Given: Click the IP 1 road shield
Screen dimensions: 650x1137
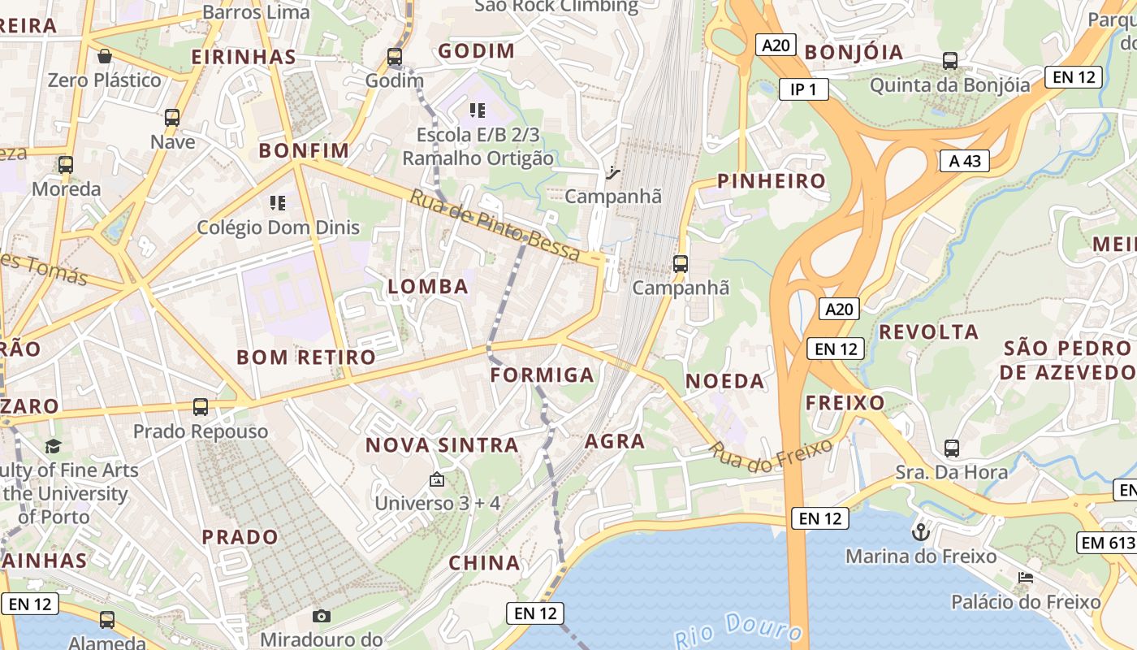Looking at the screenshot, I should point(803,89).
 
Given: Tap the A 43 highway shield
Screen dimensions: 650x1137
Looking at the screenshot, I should point(965,161).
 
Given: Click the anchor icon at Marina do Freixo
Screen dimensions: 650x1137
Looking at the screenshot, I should point(921,532).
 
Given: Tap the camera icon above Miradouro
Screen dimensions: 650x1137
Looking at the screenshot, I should point(322,616).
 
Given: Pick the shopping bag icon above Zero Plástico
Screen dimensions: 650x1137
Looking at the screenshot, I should point(105,56).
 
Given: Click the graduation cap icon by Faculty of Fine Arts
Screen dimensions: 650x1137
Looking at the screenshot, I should point(54,446).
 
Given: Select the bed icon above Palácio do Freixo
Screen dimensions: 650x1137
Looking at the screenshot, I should point(1026,578).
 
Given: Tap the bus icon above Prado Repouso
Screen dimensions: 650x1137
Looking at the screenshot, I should point(201,406).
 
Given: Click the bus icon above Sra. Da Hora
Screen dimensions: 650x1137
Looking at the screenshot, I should point(952,448).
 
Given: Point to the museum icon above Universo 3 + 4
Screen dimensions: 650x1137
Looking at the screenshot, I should point(437,479).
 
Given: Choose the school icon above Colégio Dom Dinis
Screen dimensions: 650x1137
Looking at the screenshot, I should point(278,202).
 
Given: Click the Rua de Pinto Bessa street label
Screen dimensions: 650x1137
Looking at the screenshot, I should point(495,226).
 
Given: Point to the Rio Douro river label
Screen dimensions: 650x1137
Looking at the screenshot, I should point(739,629).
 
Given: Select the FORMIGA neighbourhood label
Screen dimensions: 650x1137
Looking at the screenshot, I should point(543,375).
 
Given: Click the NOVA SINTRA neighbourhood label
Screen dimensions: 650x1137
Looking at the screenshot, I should point(442,445).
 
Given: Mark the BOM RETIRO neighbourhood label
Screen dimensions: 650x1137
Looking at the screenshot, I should point(306,357).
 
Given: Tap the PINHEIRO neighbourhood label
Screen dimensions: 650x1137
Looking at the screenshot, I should point(772,181).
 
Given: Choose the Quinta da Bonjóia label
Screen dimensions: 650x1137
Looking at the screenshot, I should point(949,84).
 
